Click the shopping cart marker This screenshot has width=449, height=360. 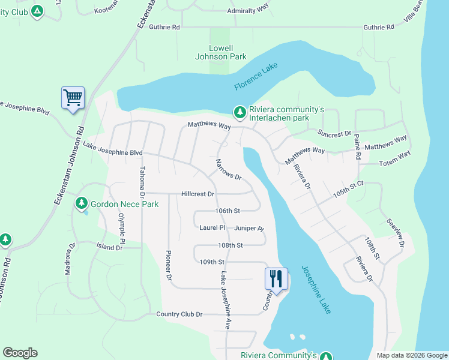pyautogui.click(x=73, y=97)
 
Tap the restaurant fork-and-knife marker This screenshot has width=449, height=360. pyautogui.click(x=276, y=278)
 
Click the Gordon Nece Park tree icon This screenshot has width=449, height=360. pyautogui.click(x=82, y=204)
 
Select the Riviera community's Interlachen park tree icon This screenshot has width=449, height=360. pyautogui.click(x=240, y=112)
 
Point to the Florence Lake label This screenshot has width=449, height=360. pyautogui.click(x=257, y=76)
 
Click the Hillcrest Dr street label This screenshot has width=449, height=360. pyautogui.click(x=197, y=194)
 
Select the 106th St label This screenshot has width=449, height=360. pyautogui.click(x=228, y=211)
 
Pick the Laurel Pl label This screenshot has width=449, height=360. pyautogui.click(x=212, y=228)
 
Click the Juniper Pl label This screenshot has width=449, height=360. pyautogui.click(x=249, y=229)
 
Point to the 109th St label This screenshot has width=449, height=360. pyautogui.click(x=212, y=262)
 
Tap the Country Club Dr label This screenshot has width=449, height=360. pyautogui.click(x=179, y=314)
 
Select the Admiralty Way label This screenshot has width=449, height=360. pyautogui.click(x=247, y=11)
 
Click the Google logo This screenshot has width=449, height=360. pyautogui.click(x=20, y=353)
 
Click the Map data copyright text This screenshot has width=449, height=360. pyautogui.click(x=411, y=355)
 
